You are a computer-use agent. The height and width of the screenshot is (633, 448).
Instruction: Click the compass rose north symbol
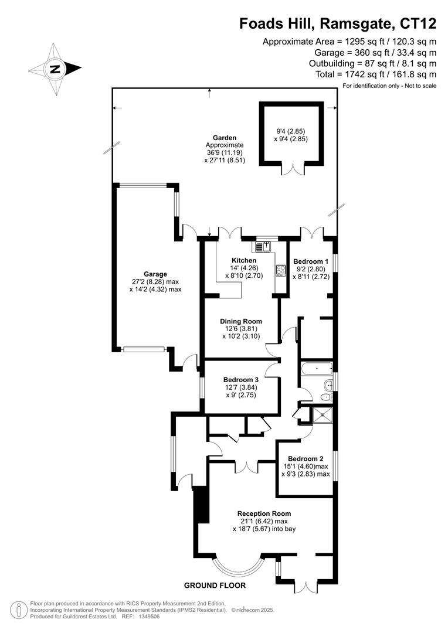point(55,69)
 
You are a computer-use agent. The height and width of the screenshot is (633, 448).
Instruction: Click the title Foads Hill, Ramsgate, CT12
point(338,23)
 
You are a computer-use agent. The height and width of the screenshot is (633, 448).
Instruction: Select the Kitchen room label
point(243,260)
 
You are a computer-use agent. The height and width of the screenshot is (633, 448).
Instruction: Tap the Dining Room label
point(240,321)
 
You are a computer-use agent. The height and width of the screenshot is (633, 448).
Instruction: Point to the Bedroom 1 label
point(310,261)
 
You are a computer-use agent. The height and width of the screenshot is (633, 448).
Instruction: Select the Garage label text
point(155,274)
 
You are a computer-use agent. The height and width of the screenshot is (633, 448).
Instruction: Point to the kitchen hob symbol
point(280,271)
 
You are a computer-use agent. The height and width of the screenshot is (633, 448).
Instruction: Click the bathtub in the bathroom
point(315,369)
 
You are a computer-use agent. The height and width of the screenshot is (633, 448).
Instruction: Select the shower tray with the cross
point(321,415)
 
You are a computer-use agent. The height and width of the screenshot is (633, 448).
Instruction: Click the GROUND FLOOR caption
point(215,586)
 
